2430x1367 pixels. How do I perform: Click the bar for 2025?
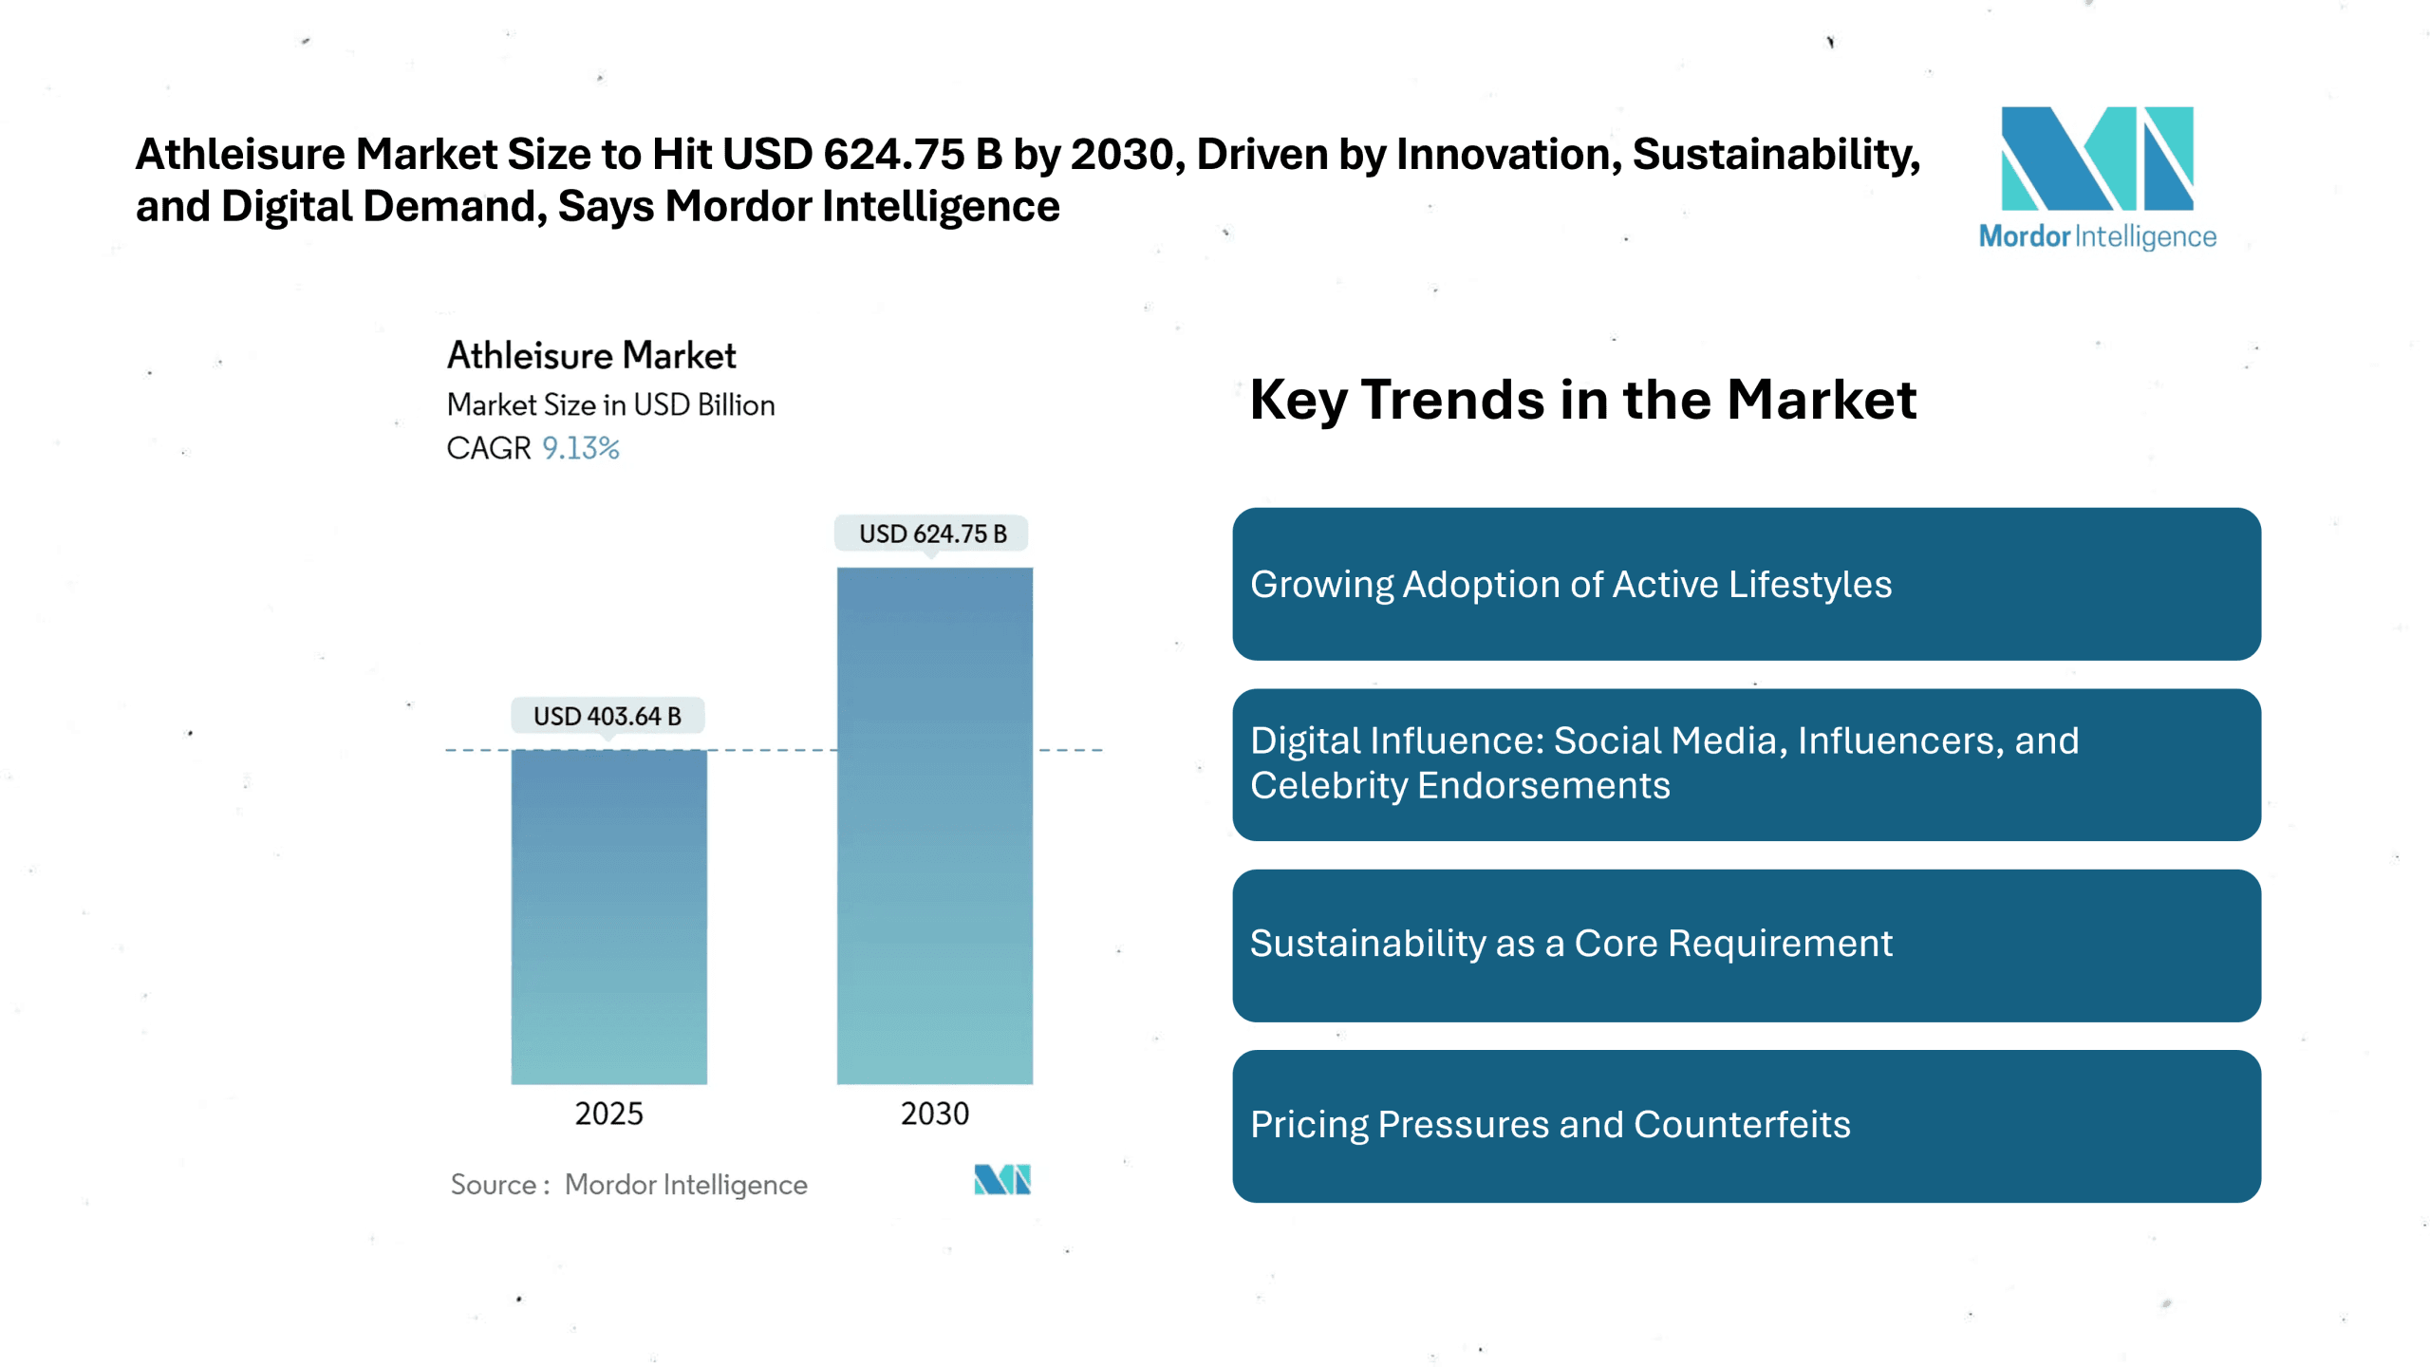pos(608,916)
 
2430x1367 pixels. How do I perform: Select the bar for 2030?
pos(934,825)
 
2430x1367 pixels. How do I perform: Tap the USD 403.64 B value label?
pos(607,716)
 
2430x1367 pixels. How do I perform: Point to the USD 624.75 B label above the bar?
pos(932,534)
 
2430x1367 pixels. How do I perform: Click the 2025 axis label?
pos(608,1114)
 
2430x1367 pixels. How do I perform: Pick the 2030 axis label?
pos(934,1114)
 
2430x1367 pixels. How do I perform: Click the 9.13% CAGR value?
pos(580,448)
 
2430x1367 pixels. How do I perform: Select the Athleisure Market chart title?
pos(591,356)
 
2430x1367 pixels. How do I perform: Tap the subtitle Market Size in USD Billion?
pos(610,404)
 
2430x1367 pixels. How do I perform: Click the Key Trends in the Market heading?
pos(1582,400)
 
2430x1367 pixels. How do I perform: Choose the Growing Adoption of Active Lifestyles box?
pos(1746,584)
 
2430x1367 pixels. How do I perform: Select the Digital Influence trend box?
pos(1746,764)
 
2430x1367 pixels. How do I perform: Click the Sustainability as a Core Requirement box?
pos(1746,945)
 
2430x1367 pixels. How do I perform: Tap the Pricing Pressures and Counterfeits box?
pos(1746,1126)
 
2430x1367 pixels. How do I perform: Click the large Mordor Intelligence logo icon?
pos(2097,159)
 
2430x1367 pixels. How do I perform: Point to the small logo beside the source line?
pos(1001,1179)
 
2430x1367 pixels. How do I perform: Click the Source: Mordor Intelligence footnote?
pos(628,1185)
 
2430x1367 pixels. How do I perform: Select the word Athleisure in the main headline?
pos(240,154)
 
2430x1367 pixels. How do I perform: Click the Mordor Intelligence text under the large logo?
pos(2097,236)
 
